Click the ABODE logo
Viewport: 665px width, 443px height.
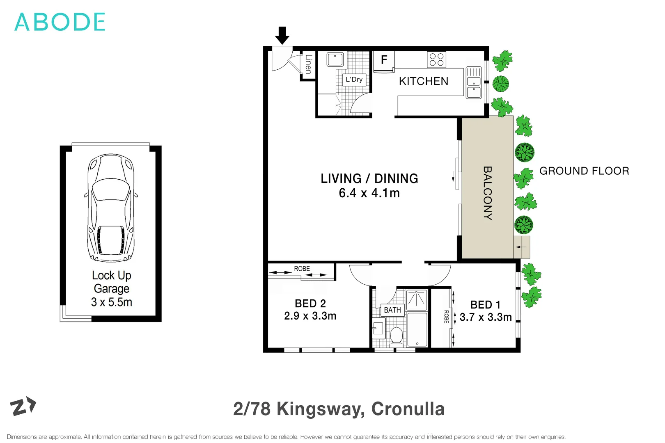click(60, 22)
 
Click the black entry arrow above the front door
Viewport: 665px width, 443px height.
click(282, 36)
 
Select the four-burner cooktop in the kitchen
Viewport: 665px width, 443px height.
click(436, 59)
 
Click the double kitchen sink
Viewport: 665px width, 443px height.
click(474, 83)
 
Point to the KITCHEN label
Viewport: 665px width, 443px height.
click(423, 81)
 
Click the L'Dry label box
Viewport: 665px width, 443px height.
click(354, 80)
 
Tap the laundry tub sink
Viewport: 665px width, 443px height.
click(335, 59)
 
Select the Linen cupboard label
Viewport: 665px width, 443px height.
click(308, 64)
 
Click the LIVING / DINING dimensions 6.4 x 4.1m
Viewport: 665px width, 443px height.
click(369, 193)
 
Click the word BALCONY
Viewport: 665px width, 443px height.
click(488, 193)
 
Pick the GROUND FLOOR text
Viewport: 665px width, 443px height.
click(584, 171)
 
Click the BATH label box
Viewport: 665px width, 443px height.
click(392, 310)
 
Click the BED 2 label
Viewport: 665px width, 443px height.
click(310, 304)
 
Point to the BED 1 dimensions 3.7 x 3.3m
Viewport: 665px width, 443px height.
click(486, 317)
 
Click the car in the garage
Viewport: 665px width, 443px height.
click(111, 208)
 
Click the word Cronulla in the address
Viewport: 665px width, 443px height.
click(408, 409)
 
